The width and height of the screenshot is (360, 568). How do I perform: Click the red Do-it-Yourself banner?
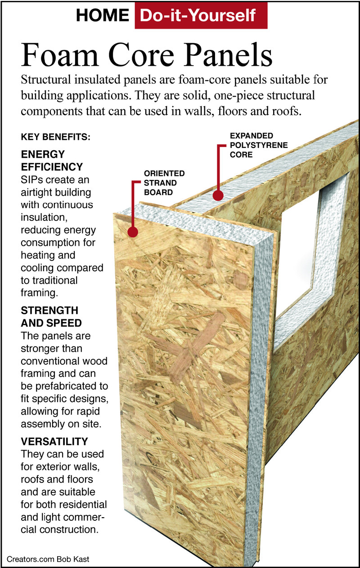click(201, 15)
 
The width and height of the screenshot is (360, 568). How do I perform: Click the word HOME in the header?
click(103, 15)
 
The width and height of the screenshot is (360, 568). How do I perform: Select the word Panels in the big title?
click(228, 55)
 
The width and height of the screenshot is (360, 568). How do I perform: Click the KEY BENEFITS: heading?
click(55, 137)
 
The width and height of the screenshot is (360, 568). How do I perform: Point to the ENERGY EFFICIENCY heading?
click(52, 161)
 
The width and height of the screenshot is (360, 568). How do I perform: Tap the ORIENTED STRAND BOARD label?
click(164, 183)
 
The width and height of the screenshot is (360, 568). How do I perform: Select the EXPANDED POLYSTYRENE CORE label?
click(259, 145)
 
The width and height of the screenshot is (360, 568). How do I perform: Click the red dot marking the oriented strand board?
click(133, 232)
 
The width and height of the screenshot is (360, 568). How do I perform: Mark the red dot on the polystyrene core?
click(218, 196)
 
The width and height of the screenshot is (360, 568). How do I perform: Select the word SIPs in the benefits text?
click(31, 180)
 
